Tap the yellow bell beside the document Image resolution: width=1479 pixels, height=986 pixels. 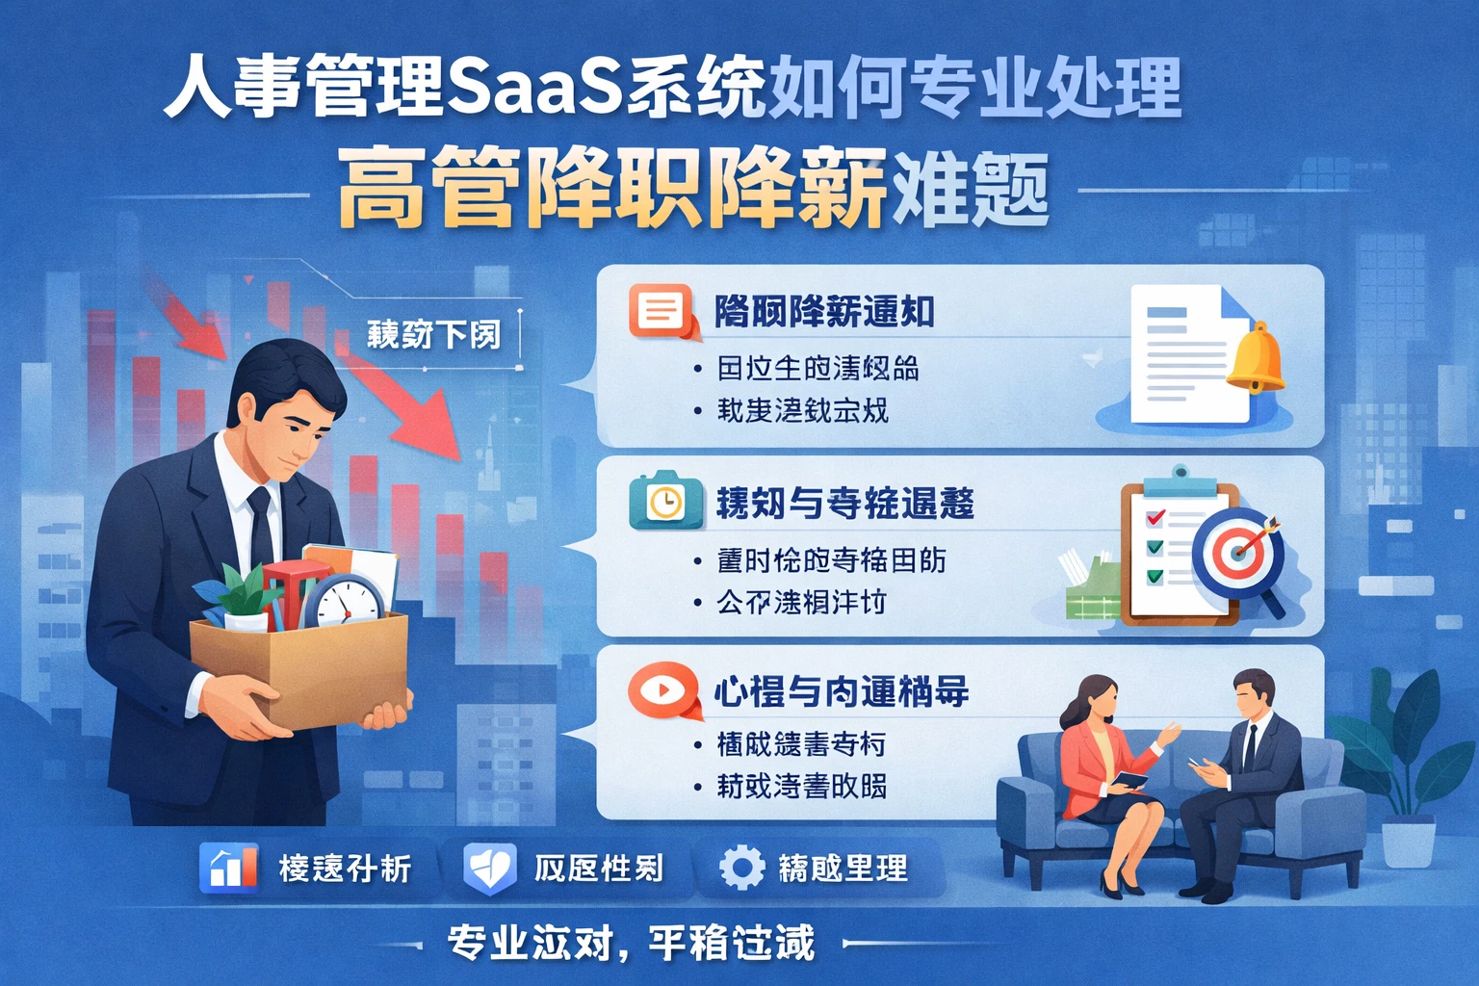[1256, 358]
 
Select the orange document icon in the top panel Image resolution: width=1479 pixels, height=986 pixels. [661, 311]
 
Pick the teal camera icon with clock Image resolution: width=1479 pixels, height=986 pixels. [664, 500]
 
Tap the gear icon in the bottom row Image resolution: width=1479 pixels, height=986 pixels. [741, 867]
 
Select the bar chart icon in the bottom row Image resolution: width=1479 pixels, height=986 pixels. [228, 867]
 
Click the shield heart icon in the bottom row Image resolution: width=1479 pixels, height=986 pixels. [489, 867]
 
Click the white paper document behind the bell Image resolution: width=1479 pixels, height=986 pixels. [1180, 356]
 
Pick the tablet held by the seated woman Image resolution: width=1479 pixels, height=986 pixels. [1127, 782]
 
